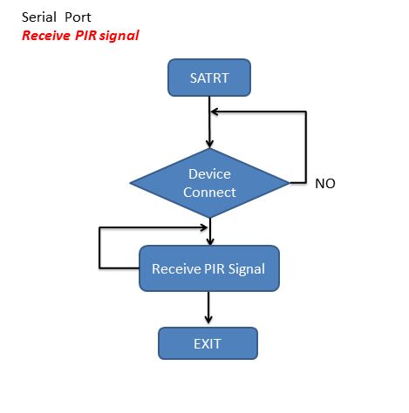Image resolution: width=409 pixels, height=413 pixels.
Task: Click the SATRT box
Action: click(209, 78)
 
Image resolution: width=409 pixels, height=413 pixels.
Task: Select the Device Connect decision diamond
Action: click(209, 183)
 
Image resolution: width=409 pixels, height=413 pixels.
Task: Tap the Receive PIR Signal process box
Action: click(209, 268)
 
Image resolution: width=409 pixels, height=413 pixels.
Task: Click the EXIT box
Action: click(208, 343)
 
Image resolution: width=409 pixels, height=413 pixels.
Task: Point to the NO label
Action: click(325, 184)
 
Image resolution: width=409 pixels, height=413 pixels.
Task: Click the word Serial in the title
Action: click(39, 17)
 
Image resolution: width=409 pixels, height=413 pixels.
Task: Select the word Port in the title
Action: click(78, 17)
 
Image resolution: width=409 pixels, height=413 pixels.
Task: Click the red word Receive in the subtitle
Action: click(46, 36)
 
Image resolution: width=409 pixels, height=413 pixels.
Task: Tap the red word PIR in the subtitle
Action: click(85, 36)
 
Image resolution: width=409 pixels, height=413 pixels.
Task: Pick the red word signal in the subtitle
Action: click(119, 36)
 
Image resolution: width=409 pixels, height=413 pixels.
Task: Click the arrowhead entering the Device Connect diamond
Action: click(209, 144)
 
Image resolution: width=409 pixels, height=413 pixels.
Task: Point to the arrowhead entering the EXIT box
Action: click(208, 319)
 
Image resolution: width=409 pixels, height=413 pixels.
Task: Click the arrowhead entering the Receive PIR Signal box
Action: click(210, 241)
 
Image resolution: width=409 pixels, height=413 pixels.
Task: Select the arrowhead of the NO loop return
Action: click(215, 112)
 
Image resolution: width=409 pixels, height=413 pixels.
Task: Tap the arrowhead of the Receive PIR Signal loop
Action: click(204, 227)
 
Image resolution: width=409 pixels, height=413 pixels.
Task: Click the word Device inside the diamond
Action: click(209, 174)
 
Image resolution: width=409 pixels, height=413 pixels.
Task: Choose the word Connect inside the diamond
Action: click(209, 193)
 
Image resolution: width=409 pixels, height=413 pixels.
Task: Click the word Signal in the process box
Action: click(247, 269)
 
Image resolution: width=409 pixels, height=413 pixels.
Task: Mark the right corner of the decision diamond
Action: click(290, 183)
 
